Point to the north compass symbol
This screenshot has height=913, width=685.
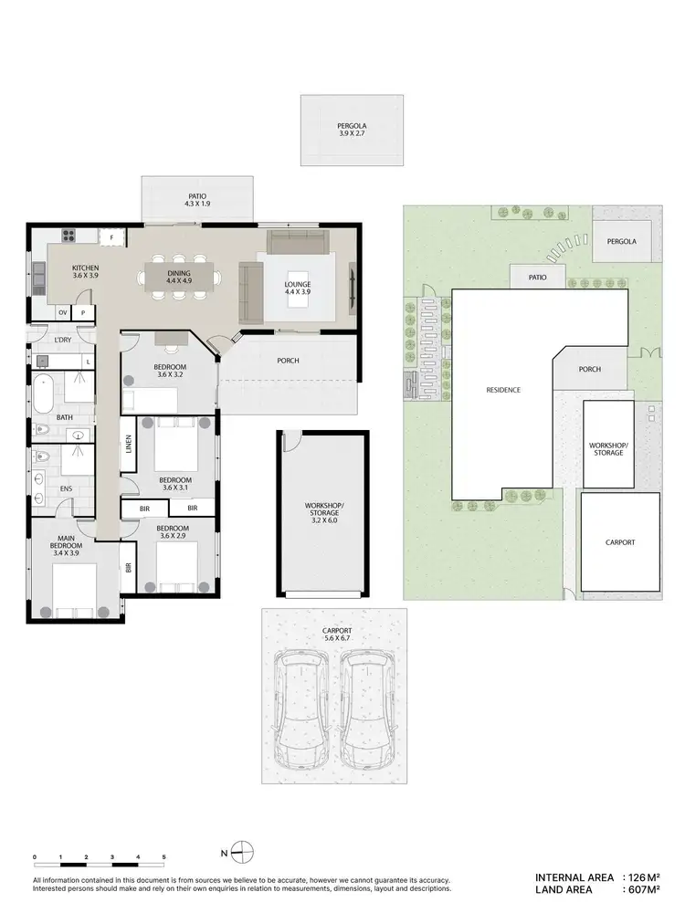[240, 854]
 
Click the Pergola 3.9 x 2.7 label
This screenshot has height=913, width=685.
[352, 131]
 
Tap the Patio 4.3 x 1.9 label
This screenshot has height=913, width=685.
[196, 200]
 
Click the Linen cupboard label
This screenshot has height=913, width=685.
[127, 445]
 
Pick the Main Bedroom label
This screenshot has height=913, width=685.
[66, 545]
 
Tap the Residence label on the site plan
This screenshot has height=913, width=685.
[502, 390]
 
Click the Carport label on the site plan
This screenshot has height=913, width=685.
[620, 542]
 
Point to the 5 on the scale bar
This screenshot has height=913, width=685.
[163, 857]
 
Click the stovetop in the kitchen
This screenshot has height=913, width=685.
[68, 236]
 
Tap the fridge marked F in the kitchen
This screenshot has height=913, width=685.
[111, 236]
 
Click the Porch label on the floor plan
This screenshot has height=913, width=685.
[288, 360]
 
